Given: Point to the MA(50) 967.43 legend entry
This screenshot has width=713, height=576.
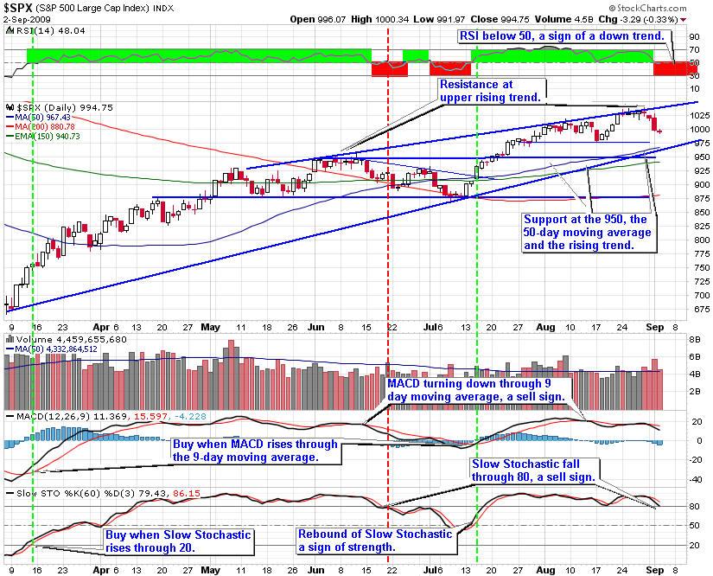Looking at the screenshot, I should (44, 117).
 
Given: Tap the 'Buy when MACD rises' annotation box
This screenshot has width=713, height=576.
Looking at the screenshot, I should (256, 451).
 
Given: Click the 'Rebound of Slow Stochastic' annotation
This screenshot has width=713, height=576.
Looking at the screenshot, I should (375, 541).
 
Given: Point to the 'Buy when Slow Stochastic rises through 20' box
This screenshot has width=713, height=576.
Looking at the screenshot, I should (177, 541).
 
